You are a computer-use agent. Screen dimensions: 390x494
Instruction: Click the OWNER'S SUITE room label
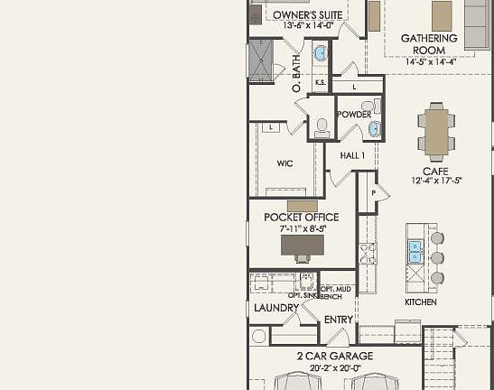click(x=307, y=15)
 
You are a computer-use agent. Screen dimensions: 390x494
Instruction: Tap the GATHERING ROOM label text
click(x=429, y=44)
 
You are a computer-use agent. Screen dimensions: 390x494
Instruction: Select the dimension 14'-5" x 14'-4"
click(x=429, y=62)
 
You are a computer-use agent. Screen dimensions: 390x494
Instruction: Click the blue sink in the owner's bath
click(x=321, y=54)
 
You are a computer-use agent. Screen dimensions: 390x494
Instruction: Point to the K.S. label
click(x=320, y=84)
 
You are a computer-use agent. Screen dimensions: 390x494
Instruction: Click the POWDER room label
click(x=354, y=115)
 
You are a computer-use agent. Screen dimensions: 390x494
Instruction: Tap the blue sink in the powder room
click(x=374, y=129)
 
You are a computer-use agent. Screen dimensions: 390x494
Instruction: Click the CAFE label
click(x=436, y=171)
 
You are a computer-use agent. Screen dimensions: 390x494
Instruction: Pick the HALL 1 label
click(x=352, y=155)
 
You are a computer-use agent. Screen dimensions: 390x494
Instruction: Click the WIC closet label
click(x=284, y=163)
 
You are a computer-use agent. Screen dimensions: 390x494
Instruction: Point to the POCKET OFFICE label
click(x=302, y=218)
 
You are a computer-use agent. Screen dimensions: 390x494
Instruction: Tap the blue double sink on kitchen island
click(x=415, y=250)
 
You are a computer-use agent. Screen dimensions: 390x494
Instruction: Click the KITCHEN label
click(x=421, y=302)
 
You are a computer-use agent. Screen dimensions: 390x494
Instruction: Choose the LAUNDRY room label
click(x=276, y=308)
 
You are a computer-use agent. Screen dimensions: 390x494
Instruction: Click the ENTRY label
click(x=339, y=319)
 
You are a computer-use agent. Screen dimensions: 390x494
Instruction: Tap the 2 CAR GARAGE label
click(x=335, y=356)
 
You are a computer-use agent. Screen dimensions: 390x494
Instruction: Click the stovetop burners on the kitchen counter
click(x=368, y=254)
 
